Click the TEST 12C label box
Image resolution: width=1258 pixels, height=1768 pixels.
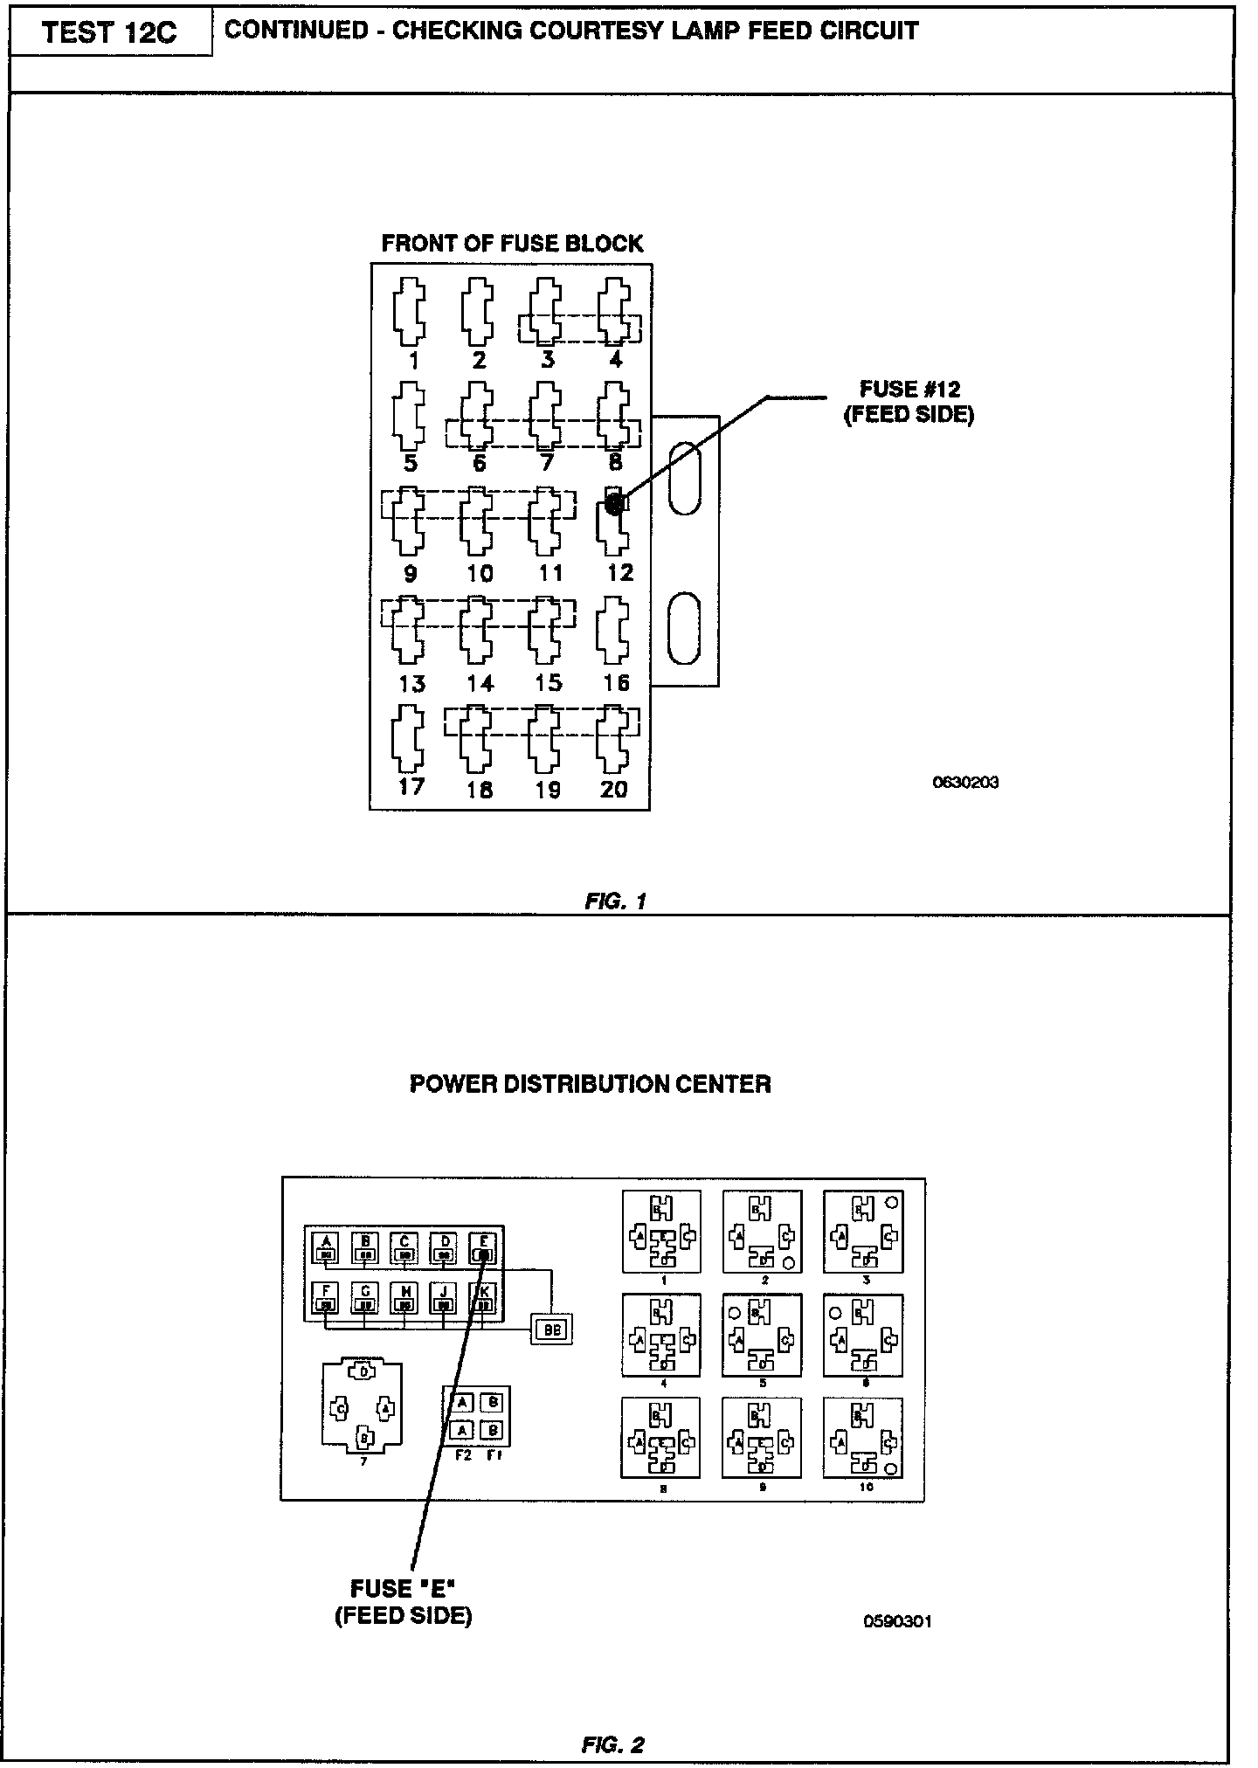click(110, 33)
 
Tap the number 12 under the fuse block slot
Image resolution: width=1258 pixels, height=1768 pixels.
click(619, 573)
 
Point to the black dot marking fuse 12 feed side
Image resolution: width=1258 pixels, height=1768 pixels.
click(614, 503)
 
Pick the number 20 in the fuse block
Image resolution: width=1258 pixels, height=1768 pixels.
click(614, 790)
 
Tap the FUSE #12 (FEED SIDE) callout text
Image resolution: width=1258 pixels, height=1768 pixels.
click(908, 401)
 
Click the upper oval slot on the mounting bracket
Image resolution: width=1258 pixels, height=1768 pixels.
click(684, 478)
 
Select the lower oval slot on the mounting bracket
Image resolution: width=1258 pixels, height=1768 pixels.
click(684, 628)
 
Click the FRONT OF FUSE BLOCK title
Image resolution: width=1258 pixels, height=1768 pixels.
click(512, 244)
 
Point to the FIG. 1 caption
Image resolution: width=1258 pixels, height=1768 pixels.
click(615, 901)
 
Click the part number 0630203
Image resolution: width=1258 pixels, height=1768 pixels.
click(965, 782)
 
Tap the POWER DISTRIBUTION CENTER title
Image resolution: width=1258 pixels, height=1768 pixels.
click(590, 1084)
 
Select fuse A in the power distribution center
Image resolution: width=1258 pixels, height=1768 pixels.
click(326, 1247)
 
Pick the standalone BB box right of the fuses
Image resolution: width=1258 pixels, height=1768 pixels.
click(551, 1329)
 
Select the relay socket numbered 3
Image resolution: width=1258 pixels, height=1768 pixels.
click(863, 1232)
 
